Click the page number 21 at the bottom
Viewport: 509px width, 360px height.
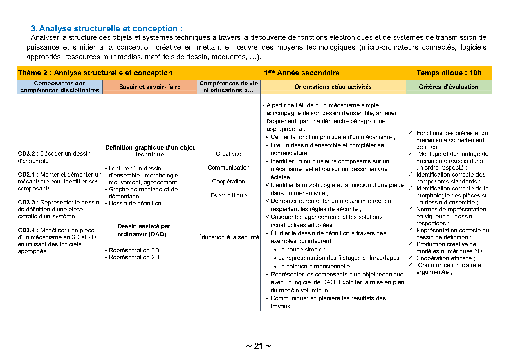point(259,346)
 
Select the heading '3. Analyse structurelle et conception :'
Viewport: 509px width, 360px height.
point(107,28)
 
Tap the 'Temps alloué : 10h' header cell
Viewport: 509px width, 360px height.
point(449,73)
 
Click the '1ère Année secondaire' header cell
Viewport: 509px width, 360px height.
point(301,73)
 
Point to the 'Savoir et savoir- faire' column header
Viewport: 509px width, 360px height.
point(150,87)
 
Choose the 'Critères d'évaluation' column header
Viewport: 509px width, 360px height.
point(449,87)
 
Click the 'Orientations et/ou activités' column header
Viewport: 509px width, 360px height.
point(333,87)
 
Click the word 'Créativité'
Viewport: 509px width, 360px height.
point(228,154)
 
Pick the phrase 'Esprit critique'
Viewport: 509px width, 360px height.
point(228,195)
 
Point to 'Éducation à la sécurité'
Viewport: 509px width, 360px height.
point(229,237)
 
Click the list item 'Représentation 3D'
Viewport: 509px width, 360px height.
point(134,250)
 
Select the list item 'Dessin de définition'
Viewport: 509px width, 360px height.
point(135,203)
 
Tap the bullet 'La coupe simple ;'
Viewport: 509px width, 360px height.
point(302,249)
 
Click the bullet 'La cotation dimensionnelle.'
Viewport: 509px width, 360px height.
point(315,266)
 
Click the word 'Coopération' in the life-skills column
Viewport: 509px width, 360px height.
point(228,181)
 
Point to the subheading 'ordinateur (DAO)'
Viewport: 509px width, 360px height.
point(142,234)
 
